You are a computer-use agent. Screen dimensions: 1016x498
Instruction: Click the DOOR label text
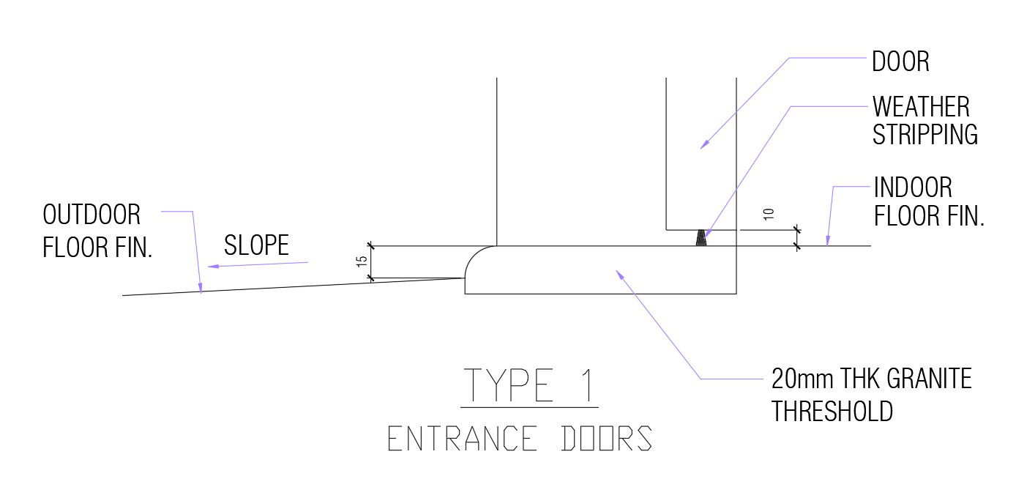coord(900,62)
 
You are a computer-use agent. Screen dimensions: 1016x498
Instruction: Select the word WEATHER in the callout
coord(920,108)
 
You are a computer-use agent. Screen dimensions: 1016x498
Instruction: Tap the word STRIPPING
coord(925,135)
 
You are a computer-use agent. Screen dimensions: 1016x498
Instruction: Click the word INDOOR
coord(913,188)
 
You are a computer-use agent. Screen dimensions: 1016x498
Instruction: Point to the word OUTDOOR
coord(91,215)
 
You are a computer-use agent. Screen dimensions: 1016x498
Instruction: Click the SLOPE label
coord(256,245)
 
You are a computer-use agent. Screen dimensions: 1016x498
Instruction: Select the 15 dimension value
coord(362,262)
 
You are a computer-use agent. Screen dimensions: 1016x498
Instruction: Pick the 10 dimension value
coord(768,215)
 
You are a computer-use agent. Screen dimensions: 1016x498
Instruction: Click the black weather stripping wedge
coord(702,238)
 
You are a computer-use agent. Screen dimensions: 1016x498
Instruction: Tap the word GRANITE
coord(929,379)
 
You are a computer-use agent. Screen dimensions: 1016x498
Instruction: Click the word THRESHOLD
coord(832,411)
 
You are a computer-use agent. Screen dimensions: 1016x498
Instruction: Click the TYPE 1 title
coord(528,385)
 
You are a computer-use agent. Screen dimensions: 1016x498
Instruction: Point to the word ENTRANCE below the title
coord(461,439)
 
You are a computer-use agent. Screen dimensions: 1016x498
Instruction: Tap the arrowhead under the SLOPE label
coord(211,267)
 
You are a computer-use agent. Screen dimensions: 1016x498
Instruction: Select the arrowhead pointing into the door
coord(704,144)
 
